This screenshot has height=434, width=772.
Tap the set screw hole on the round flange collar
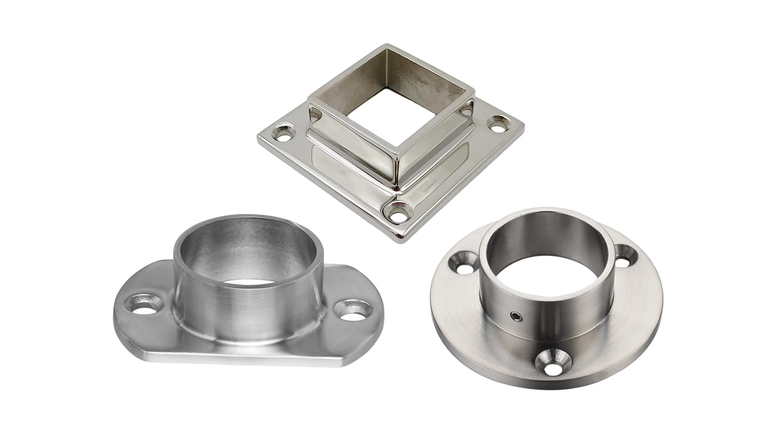pyautogui.click(x=515, y=317)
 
